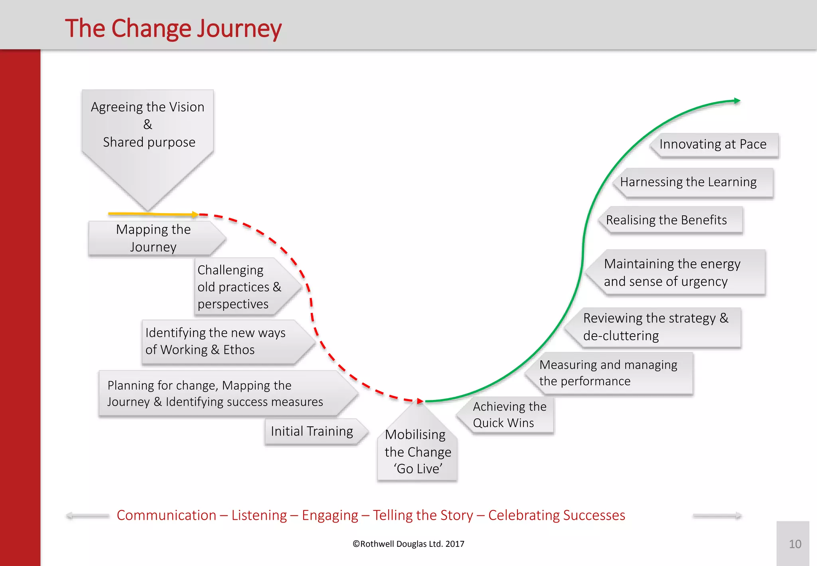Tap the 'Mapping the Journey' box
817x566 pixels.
click(x=154, y=238)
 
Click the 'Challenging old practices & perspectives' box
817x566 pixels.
click(x=239, y=287)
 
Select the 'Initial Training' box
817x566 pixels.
click(x=312, y=431)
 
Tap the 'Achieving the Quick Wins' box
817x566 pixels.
click(x=509, y=415)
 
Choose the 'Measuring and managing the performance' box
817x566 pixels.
click(x=608, y=373)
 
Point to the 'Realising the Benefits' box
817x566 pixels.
click(x=670, y=220)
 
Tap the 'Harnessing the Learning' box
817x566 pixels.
click(x=692, y=182)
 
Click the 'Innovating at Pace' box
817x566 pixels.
click(x=713, y=144)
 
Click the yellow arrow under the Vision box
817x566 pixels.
click(x=154, y=214)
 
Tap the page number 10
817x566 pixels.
click(x=795, y=544)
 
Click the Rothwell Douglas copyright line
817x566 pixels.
click(x=408, y=544)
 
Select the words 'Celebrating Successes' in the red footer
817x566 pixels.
click(x=557, y=515)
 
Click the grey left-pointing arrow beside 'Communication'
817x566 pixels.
click(x=87, y=516)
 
